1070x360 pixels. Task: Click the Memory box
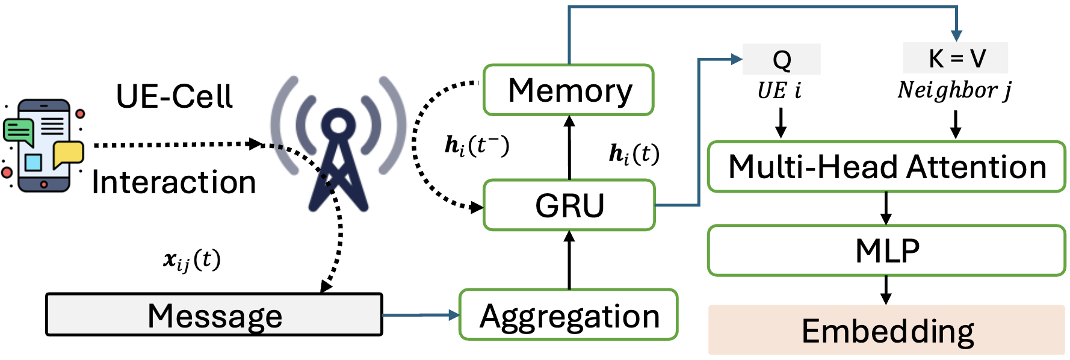click(569, 90)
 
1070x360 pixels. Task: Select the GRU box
click(569, 205)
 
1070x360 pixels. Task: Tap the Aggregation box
click(569, 315)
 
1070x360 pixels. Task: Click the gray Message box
click(214, 315)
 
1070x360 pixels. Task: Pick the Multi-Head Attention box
click(886, 167)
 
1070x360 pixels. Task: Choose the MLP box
click(886, 250)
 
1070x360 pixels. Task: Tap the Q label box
click(781, 60)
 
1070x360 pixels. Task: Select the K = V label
click(956, 58)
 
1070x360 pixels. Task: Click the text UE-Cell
click(174, 96)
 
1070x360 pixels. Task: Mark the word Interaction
click(174, 182)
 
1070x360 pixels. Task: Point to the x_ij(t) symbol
click(191, 260)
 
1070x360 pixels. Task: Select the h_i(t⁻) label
click(476, 146)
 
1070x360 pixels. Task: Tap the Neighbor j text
click(954, 90)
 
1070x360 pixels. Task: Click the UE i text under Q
click(779, 91)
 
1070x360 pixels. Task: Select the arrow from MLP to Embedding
click(886, 290)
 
